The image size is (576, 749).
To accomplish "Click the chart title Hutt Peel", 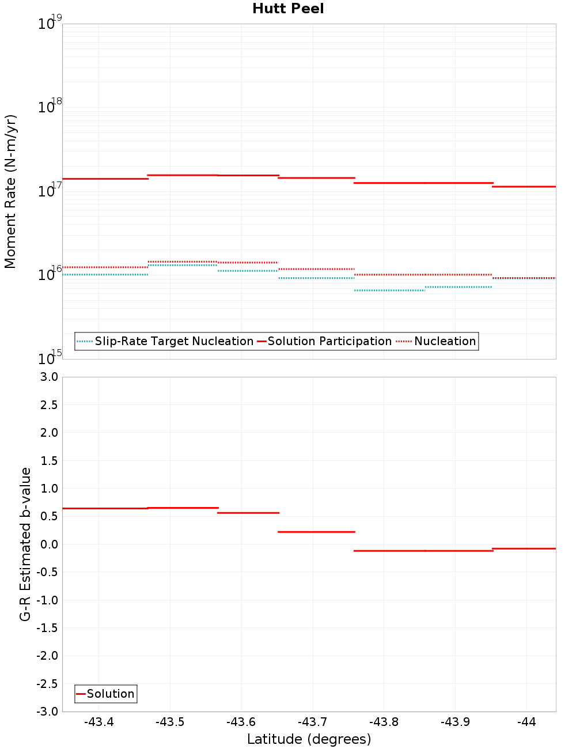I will click(x=288, y=9).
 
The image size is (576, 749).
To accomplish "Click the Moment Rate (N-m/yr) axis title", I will click(x=10, y=191).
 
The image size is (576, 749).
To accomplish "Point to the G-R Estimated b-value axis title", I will click(x=25, y=544).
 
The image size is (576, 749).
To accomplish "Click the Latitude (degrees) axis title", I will click(x=309, y=739).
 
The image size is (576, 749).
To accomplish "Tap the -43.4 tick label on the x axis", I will click(x=98, y=722).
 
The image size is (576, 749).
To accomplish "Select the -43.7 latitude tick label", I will click(x=312, y=722).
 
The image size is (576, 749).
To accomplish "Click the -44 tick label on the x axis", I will click(x=526, y=722).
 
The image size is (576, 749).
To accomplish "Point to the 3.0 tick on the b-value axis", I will click(x=48, y=377).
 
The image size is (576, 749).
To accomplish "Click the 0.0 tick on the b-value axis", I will click(x=48, y=544).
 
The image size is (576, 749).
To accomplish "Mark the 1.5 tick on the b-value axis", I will click(x=48, y=460).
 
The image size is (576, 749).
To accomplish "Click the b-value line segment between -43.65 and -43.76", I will click(x=316, y=532).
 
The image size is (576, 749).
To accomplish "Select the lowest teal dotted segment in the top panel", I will click(x=389, y=290).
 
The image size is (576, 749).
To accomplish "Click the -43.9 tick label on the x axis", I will click(x=455, y=722).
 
